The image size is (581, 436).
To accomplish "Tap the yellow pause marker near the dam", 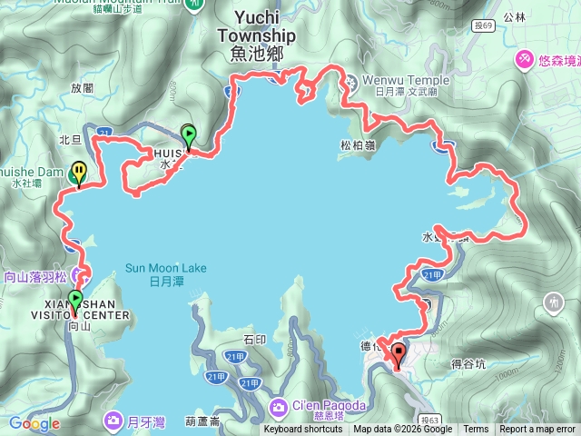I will click(x=80, y=171).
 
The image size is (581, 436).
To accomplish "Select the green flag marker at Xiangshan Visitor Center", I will click(x=74, y=299).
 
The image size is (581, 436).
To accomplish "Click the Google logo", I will click(x=34, y=423).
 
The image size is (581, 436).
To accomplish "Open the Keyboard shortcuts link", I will click(x=303, y=430).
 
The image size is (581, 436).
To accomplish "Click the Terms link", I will click(x=476, y=430).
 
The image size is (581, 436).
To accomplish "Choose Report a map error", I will click(x=537, y=430).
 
